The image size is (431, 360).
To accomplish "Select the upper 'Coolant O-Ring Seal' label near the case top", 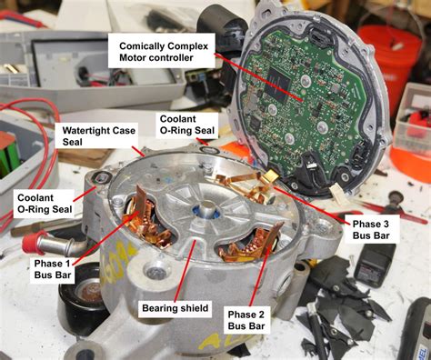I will point(186,125).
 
